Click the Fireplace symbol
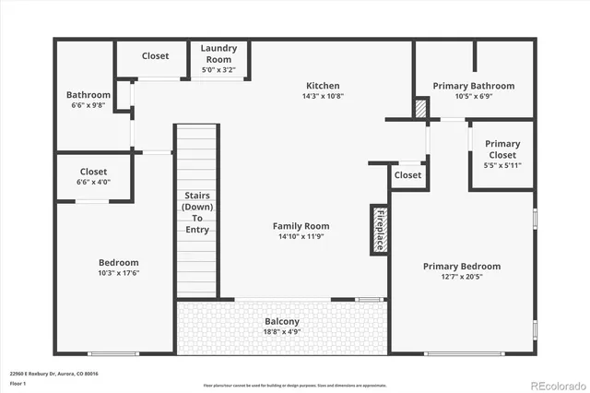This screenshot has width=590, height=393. (x=379, y=229)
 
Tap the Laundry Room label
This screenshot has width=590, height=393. (x=218, y=48)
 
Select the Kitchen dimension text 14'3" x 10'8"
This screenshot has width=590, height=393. (x=323, y=96)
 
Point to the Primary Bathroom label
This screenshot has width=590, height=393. (x=474, y=86)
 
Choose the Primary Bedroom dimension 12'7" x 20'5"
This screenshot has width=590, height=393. (x=466, y=277)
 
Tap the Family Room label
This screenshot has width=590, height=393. (x=301, y=226)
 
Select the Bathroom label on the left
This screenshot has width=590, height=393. (x=88, y=95)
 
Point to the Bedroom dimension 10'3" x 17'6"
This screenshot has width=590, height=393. (x=119, y=273)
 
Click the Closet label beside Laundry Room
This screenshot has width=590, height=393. (x=155, y=56)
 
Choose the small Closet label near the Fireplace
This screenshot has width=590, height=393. (x=407, y=175)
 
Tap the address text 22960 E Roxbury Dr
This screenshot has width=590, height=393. (x=54, y=374)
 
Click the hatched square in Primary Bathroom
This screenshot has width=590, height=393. (x=421, y=108)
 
